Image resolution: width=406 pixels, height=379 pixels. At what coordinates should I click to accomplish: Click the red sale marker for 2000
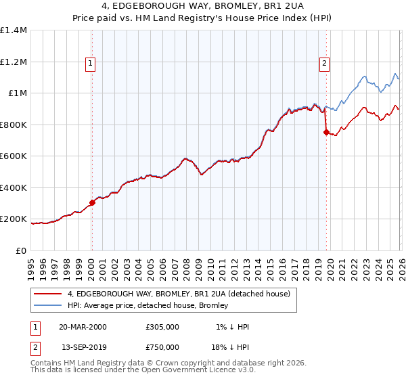coord(92,202)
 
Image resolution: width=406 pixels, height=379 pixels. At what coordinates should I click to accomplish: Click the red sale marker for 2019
coord(326,133)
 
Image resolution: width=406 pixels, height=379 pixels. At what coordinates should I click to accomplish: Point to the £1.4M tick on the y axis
coord(14,30)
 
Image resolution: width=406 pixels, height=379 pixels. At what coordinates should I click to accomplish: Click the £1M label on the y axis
coord(17,93)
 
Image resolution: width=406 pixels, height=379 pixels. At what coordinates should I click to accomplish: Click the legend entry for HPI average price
coord(148,305)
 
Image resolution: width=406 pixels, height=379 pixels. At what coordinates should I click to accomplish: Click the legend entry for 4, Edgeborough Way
coord(179,294)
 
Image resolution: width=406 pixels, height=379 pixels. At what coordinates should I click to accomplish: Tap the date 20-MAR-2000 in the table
coord(83,327)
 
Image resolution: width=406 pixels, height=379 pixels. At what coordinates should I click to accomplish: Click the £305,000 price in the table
coord(162,327)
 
